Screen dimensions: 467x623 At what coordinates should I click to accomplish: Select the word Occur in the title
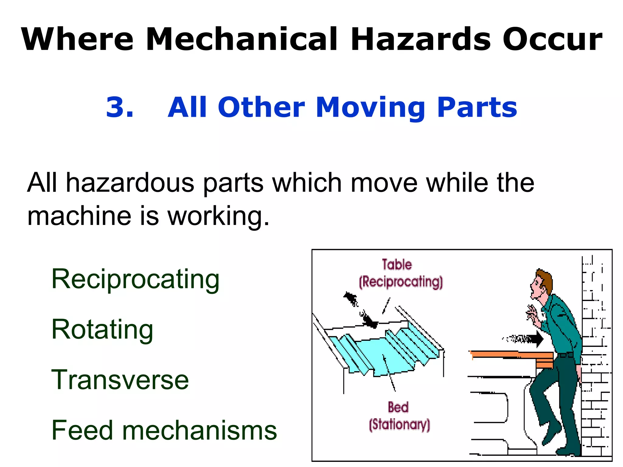point(552,39)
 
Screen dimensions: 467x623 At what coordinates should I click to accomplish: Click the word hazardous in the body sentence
point(130,183)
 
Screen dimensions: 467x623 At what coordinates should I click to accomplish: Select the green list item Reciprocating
point(135,279)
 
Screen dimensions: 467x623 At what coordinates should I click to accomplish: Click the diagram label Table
point(397,265)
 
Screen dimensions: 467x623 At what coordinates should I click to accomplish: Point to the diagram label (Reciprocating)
point(401,282)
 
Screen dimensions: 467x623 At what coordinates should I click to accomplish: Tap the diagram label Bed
point(398,407)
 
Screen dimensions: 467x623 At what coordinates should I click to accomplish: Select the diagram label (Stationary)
point(399,424)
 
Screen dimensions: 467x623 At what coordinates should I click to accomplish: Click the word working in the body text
point(218,216)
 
